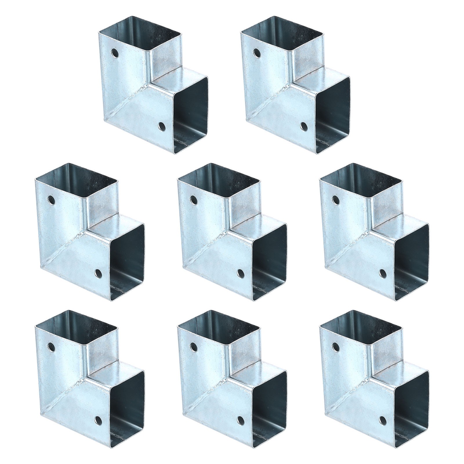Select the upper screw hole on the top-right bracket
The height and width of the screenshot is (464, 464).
(257, 53)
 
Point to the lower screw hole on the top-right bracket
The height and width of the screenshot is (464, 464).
(304, 126)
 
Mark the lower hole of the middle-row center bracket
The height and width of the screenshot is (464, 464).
(240, 273)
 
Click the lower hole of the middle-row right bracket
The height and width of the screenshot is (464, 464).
(383, 273)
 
